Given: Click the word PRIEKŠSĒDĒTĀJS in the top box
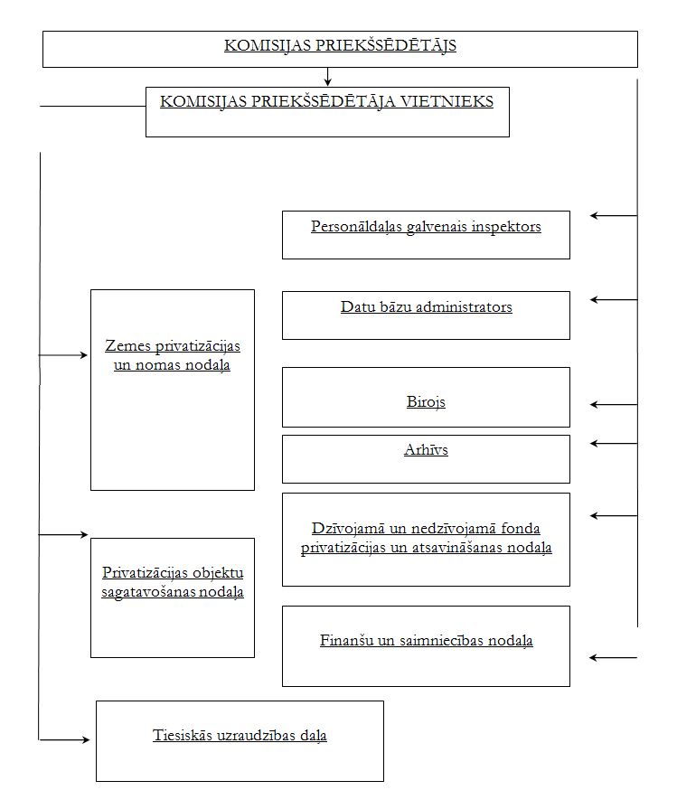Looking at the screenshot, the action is pos(385,45).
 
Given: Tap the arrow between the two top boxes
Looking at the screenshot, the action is pos(327,76).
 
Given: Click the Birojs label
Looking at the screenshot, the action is pos(426,402).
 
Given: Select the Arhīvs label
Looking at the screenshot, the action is pos(426,450).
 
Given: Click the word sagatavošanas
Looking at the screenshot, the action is pos(148,592).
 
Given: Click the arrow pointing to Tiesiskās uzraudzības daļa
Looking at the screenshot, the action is pos(64,740).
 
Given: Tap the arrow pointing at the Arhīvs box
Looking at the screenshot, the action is pos(614,443).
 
